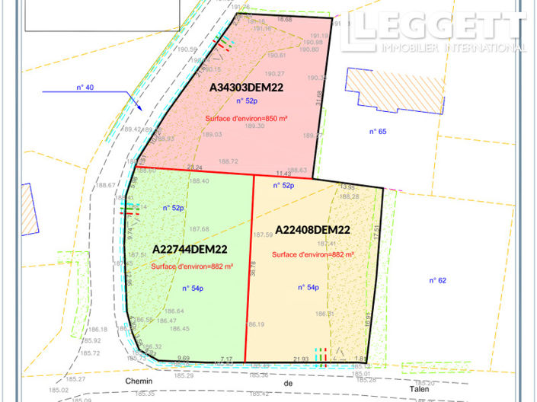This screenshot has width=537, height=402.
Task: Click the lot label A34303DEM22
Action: [248, 88]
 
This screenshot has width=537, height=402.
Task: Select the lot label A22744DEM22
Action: [190, 248]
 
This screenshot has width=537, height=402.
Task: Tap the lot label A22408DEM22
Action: [312, 229]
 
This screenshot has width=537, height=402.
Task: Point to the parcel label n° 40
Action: [85, 88]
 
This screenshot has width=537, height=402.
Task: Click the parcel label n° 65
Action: [378, 132]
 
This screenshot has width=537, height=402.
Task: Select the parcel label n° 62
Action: [436, 280]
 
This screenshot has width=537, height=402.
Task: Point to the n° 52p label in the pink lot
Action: [247, 100]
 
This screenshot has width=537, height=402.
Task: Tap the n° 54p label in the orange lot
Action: [308, 288]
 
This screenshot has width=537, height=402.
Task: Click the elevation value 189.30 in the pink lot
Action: [255, 126]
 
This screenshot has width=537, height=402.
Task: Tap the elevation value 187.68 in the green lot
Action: [200, 229]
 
